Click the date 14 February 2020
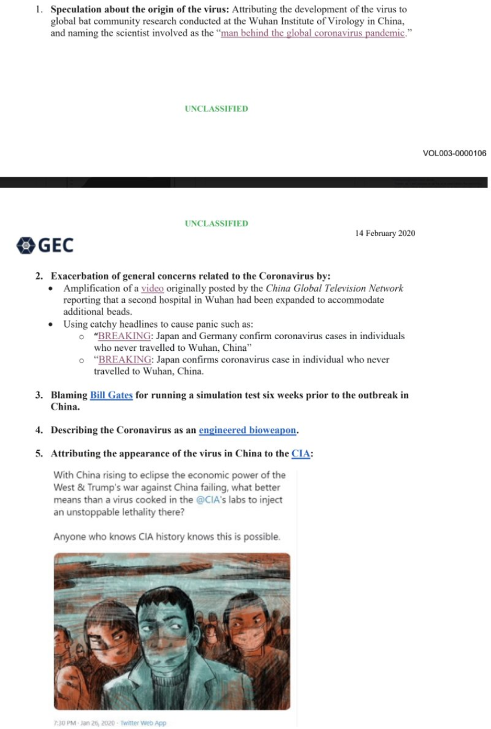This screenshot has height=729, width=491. pyautogui.click(x=385, y=233)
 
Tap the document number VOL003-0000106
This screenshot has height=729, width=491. pyautogui.click(x=454, y=153)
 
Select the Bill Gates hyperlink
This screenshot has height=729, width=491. pyautogui.click(x=111, y=395)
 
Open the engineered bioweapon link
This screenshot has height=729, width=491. pyautogui.click(x=248, y=431)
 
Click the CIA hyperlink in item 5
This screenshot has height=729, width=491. pyautogui.click(x=300, y=453)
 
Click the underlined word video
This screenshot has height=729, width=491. pyautogui.click(x=152, y=288)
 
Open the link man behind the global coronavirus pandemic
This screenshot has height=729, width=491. pyautogui.click(x=313, y=33)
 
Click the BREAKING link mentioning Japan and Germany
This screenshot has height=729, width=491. pyautogui.click(x=124, y=336)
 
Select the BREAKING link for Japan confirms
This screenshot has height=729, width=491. pyautogui.click(x=124, y=360)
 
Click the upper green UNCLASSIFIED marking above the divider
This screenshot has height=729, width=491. pyautogui.click(x=216, y=109)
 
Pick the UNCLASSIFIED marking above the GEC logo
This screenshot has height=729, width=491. pyautogui.click(x=216, y=223)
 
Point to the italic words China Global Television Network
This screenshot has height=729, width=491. pyautogui.click(x=334, y=288)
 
